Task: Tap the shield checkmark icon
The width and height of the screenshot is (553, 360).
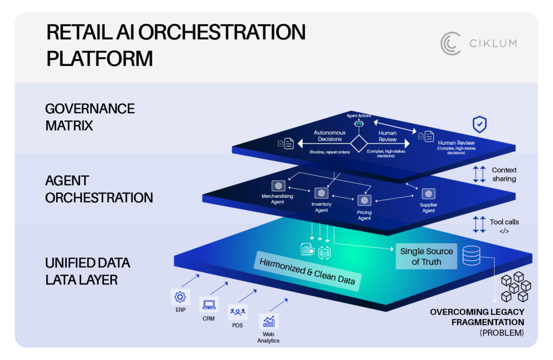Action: click(479, 125)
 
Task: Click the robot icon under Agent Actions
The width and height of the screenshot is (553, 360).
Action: click(359, 124)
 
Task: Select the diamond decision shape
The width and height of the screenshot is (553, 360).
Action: click(359, 145)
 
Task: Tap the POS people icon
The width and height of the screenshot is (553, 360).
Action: click(238, 312)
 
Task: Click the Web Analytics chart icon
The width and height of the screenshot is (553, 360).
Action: click(268, 322)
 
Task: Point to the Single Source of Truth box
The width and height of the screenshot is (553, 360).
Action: click(427, 256)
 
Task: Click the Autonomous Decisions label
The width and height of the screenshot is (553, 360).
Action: click(329, 135)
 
